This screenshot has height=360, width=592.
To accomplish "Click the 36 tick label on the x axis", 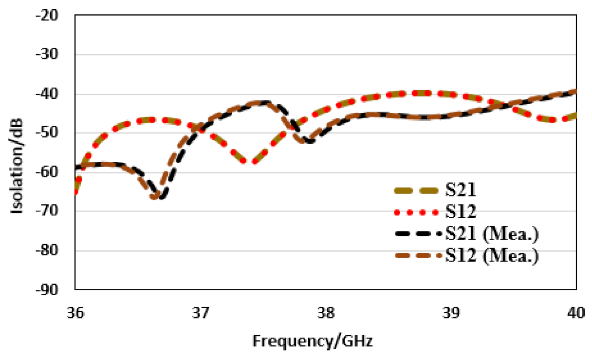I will pos(75,314).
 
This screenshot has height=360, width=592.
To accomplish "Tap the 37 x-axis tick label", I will pos(200,314).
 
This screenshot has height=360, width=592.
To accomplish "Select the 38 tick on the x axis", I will pos(325,314).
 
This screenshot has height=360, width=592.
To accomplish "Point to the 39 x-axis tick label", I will pos(451,314).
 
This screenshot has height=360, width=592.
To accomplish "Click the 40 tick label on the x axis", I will pos(576,314).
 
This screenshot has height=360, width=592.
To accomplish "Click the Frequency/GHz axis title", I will pos(312,341).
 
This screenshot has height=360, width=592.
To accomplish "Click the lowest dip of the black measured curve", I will pos(163,197).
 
